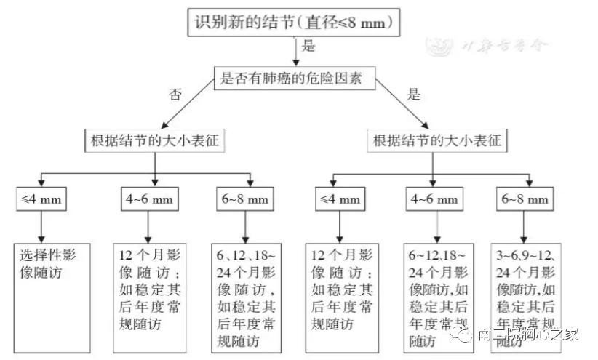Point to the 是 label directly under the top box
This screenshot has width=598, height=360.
click(x=308, y=47)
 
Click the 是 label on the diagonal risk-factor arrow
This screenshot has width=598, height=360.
click(x=414, y=94)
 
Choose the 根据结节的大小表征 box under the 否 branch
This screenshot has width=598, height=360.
click(x=154, y=139)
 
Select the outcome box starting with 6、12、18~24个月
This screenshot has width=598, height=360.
click(x=247, y=297)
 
